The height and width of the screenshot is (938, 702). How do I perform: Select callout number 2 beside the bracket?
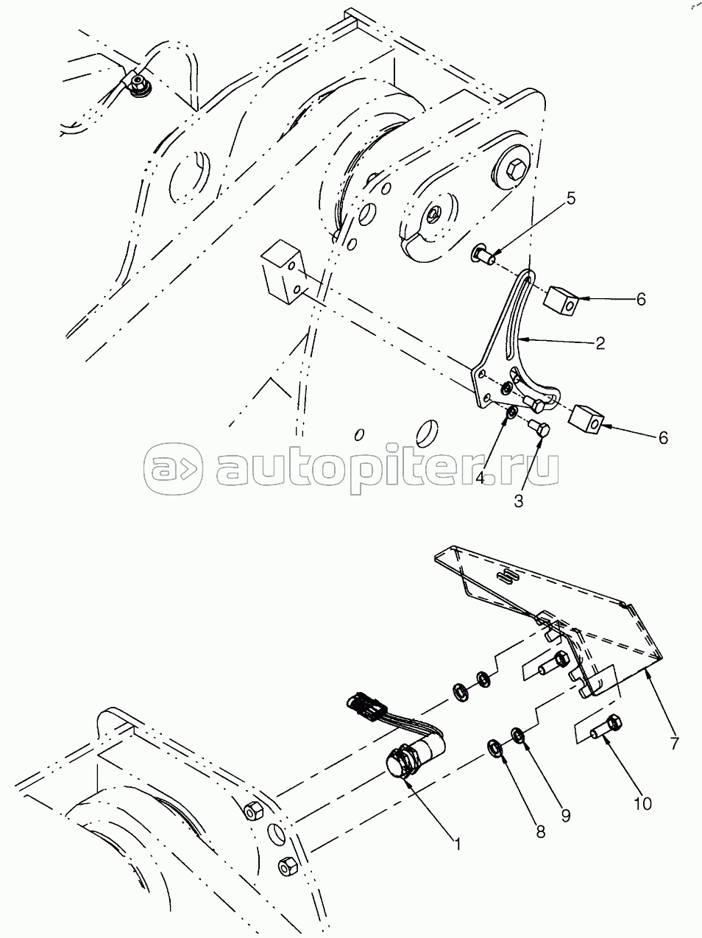pos(600,343)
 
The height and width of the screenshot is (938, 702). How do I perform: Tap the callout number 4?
pos(480,478)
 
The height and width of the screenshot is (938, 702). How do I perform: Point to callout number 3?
pos(518,501)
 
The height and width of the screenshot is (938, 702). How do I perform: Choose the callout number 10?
pos(642,804)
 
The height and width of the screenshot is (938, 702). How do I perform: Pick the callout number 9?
pos(565,817)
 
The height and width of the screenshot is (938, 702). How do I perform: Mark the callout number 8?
pos(540,831)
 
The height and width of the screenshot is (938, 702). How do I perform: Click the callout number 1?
pos(457,844)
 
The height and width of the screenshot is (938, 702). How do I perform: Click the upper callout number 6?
pos(640,300)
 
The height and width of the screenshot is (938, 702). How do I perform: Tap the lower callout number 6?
pos(663,437)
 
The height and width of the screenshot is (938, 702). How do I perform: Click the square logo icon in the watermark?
pos(173,469)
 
